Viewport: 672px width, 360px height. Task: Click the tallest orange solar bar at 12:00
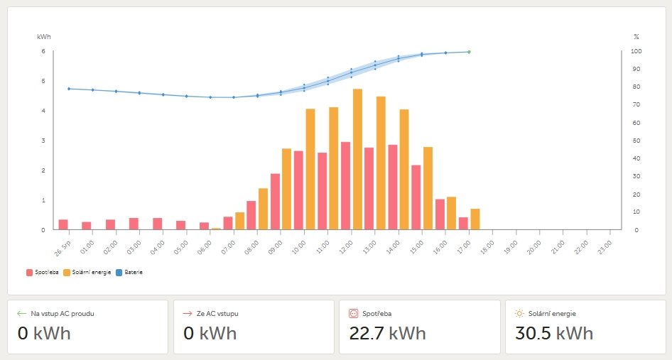click(x=357, y=159)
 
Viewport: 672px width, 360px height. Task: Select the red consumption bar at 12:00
click(x=345, y=185)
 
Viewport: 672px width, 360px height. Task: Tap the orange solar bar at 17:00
click(x=475, y=219)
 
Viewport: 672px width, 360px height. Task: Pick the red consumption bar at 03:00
click(x=134, y=224)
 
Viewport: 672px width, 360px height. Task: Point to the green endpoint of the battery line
click(x=469, y=52)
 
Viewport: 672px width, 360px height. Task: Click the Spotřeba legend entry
click(x=43, y=272)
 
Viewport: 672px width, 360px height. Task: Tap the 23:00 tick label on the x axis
click(x=607, y=245)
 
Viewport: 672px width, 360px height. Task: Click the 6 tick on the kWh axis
click(x=43, y=51)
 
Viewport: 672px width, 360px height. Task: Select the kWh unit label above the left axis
click(x=44, y=36)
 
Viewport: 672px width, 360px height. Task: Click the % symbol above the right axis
click(x=636, y=36)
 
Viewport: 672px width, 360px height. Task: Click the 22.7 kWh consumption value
click(x=388, y=333)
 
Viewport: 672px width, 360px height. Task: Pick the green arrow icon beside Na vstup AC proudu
click(x=21, y=313)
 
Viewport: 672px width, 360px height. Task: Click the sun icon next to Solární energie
click(x=519, y=313)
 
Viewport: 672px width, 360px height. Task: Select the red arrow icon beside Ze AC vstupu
click(x=188, y=313)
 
